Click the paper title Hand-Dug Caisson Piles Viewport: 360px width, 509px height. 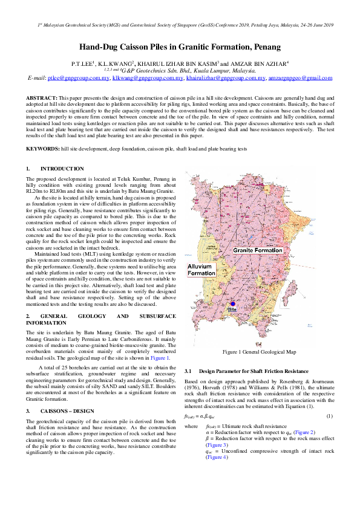click(x=180, y=47)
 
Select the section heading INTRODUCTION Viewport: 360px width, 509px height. click(x=62, y=169)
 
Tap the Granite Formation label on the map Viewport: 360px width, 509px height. click(x=258, y=249)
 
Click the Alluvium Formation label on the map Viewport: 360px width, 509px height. click(x=201, y=270)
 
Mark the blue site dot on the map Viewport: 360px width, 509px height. click(x=232, y=303)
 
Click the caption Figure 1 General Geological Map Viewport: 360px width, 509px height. click(x=259, y=351)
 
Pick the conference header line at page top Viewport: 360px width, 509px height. click(x=180, y=25)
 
